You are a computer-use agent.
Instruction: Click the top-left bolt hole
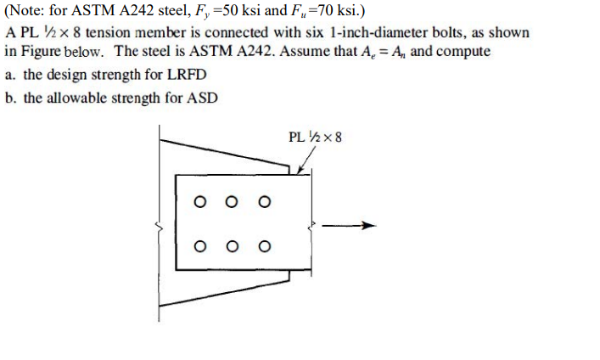(200, 202)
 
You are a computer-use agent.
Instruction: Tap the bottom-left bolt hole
(200, 247)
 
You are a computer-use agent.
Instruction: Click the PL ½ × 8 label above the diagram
(315, 137)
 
